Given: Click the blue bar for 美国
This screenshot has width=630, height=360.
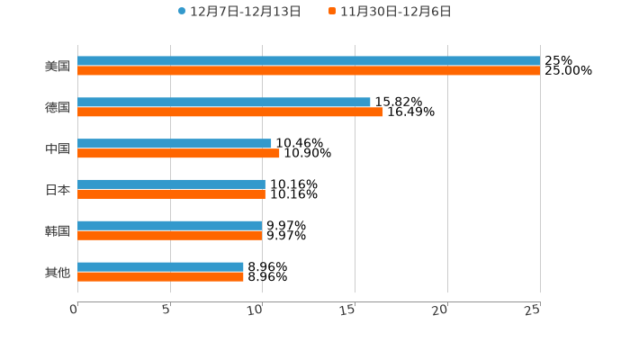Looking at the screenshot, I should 309,61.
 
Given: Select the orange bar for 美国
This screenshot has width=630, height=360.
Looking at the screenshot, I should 309,71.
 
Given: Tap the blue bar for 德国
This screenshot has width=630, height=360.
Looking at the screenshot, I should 224,103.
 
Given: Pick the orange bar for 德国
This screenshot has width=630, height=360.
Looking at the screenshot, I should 230,112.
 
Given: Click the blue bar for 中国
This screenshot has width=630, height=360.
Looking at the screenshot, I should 175,144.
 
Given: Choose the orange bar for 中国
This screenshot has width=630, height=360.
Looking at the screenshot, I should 178,154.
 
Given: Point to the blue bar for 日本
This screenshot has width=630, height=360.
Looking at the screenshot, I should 171,184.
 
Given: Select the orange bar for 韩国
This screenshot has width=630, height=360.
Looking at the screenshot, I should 170,236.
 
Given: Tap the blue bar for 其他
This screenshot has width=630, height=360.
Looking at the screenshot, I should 160,267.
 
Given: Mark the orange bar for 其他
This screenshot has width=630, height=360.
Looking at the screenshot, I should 160,277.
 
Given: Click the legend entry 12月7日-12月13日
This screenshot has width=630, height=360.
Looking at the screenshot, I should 239,12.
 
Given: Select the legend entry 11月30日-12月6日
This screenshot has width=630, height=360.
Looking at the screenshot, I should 390,12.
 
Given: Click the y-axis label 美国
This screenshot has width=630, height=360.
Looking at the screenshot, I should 58,67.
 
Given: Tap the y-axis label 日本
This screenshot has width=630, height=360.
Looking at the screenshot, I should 58,190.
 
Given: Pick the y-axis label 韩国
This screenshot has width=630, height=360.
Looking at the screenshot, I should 58,231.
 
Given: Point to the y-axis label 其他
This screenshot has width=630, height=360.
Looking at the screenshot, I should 58,273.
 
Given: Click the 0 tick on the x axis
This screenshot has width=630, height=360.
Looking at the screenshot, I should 75,310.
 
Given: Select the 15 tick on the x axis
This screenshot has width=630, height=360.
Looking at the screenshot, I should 349,310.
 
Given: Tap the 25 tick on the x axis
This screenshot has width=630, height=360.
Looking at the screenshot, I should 533,310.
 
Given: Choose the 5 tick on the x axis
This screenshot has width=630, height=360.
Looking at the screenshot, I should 166,310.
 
